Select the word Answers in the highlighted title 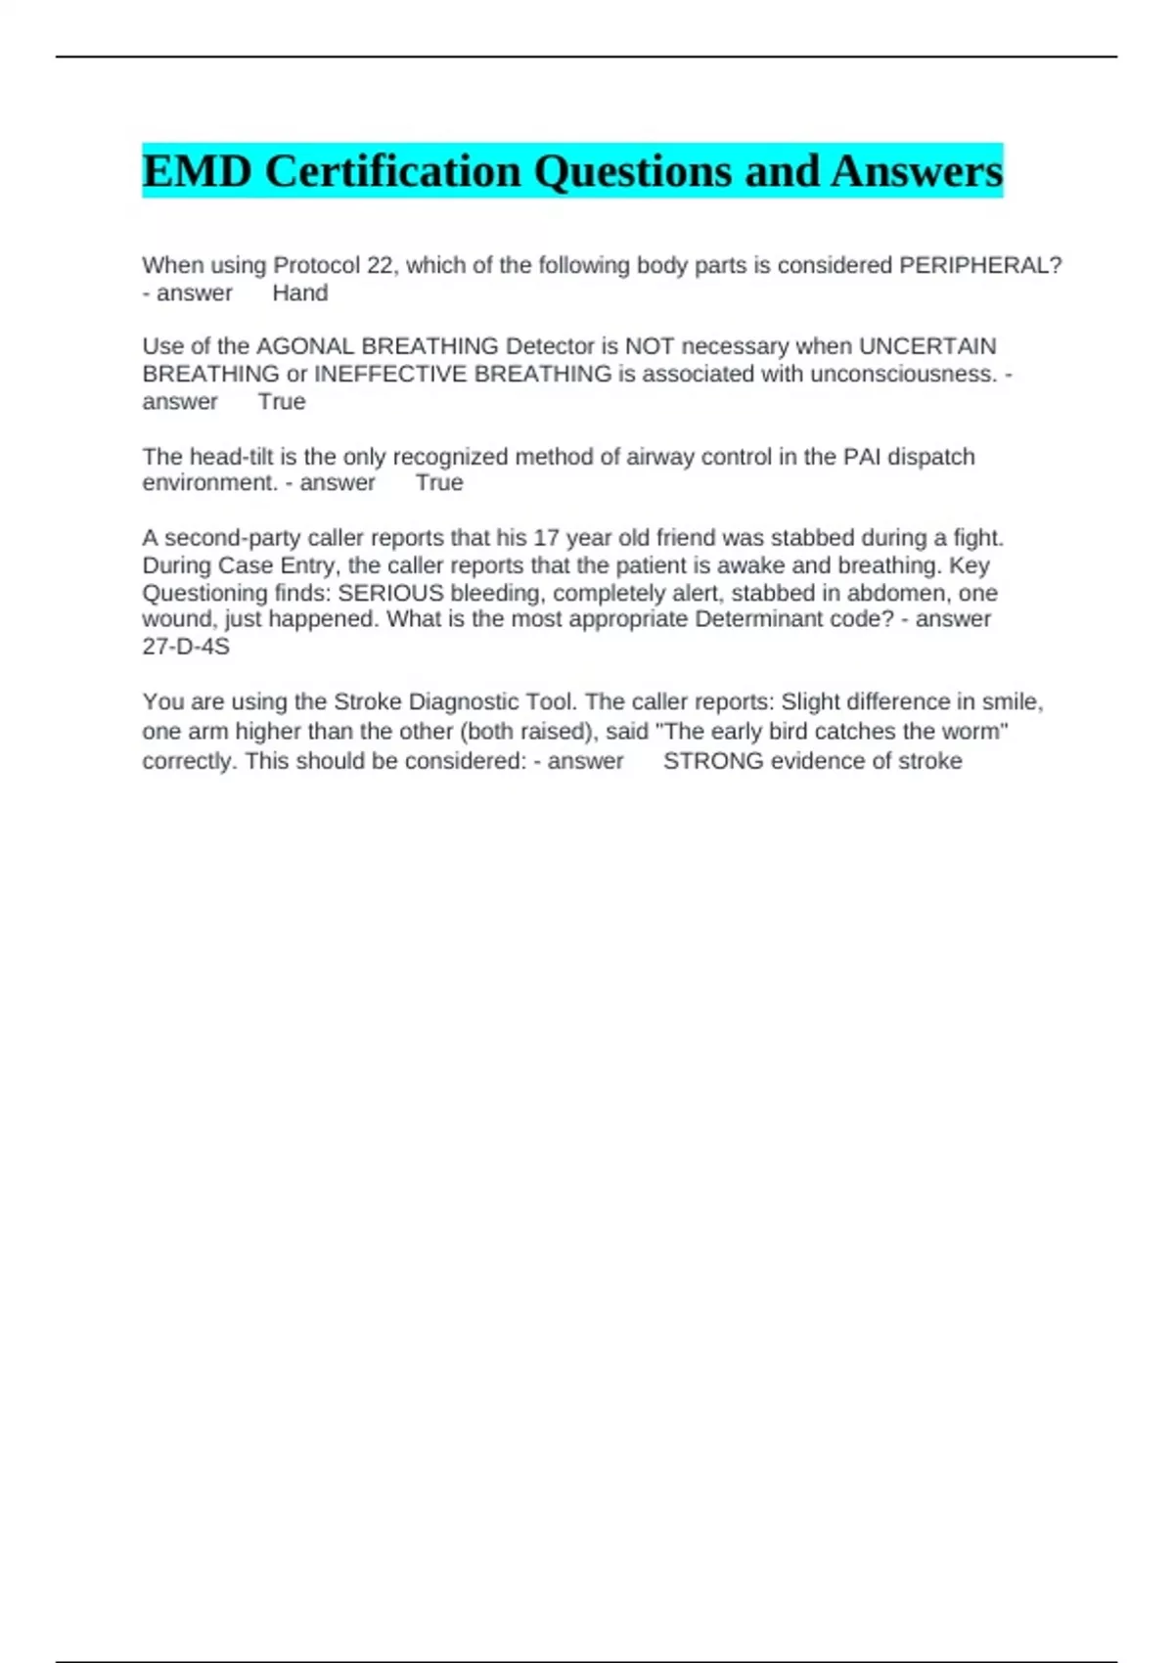(x=917, y=171)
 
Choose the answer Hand (x=299, y=292)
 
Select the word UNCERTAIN (x=927, y=346)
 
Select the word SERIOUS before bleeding (x=390, y=593)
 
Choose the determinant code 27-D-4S (x=186, y=647)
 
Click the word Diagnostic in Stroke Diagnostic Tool (x=463, y=702)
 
